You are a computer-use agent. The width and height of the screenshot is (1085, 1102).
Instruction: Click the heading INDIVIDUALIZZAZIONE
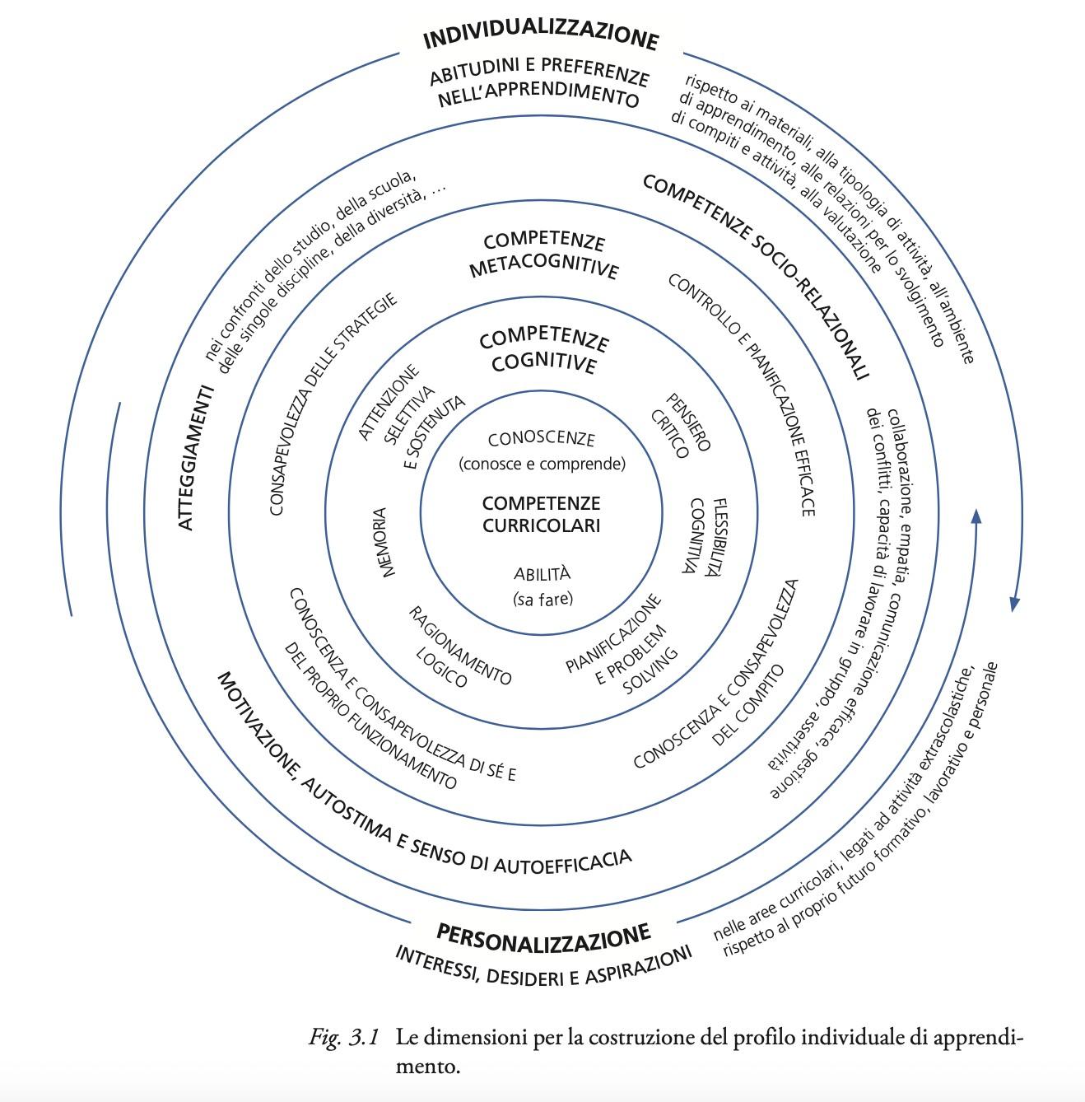(x=541, y=38)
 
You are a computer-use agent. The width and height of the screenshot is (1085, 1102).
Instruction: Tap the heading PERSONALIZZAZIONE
(x=543, y=935)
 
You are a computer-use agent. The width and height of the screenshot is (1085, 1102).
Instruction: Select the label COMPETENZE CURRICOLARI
(x=541, y=514)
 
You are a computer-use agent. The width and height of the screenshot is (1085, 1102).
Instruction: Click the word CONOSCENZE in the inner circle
(x=541, y=440)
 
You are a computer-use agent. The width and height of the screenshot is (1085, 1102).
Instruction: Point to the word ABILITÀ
(x=542, y=574)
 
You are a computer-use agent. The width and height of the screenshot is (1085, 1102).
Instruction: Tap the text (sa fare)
(x=542, y=599)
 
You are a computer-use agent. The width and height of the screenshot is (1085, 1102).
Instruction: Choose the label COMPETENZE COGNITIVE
(x=543, y=352)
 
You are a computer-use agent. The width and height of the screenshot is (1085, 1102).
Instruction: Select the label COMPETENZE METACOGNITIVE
(x=543, y=255)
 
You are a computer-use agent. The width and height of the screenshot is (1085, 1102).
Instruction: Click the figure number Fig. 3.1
(x=343, y=1038)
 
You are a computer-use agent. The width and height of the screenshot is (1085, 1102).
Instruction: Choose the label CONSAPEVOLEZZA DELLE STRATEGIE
(x=333, y=404)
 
